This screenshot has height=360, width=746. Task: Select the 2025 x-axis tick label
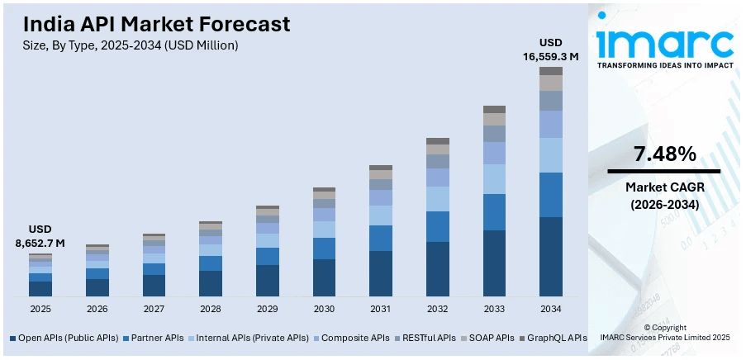(x=40, y=309)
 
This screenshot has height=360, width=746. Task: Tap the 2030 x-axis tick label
(x=324, y=309)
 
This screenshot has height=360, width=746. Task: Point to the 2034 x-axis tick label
(x=551, y=309)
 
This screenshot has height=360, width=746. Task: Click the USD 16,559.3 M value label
(x=551, y=50)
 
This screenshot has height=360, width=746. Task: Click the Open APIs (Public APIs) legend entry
(x=64, y=338)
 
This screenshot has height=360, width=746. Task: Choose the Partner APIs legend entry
(x=153, y=338)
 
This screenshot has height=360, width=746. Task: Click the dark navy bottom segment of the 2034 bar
(x=551, y=257)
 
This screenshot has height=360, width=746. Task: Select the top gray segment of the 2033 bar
(x=494, y=109)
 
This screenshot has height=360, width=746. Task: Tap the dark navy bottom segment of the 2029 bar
(x=267, y=281)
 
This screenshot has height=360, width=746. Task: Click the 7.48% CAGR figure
(x=664, y=154)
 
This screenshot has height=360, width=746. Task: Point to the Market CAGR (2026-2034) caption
(x=664, y=196)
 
